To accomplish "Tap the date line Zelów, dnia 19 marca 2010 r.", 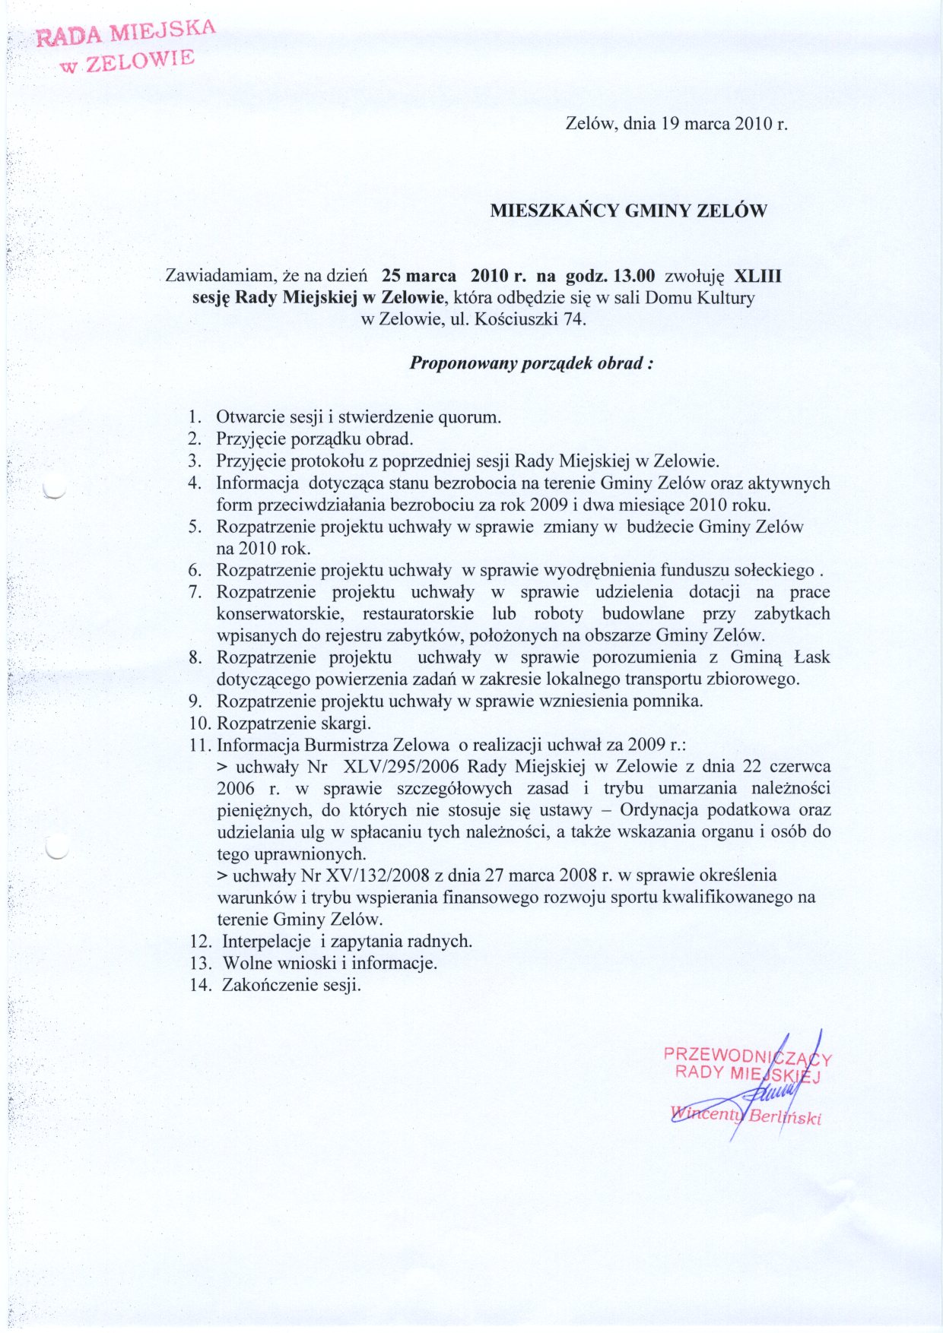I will (x=676, y=124).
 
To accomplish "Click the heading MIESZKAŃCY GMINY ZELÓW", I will (x=628, y=211).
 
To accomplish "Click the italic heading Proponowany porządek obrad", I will (x=532, y=363).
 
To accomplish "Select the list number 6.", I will (x=195, y=570).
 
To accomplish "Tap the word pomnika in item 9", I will (x=673, y=701).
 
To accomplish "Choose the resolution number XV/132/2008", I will (x=372, y=875).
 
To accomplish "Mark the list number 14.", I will (x=200, y=985).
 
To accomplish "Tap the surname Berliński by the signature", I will (x=785, y=1118).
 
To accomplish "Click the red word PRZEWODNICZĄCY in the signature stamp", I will (x=747, y=1056).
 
